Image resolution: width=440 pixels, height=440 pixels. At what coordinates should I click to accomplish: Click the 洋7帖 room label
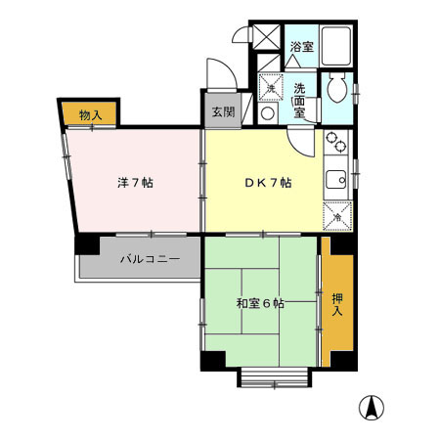tap(135, 182)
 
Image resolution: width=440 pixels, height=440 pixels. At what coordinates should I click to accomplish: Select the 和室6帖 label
tap(260, 304)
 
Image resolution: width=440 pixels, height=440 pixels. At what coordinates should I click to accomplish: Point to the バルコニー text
tap(149, 260)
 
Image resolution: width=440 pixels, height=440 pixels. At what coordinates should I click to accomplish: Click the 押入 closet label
tap(337, 304)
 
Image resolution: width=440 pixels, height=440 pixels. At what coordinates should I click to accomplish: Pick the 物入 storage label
tap(90, 115)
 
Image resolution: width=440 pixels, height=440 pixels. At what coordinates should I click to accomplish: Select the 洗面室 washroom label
tap(301, 100)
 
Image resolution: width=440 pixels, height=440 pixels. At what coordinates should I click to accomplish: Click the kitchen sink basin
tap(335, 180)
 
